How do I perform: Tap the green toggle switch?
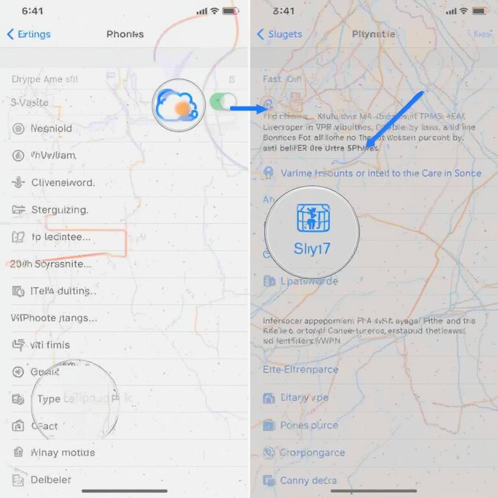pos(223,101)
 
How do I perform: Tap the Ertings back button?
pos(29,34)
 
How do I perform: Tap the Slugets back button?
pos(279,34)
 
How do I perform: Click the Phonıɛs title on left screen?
pos(125,34)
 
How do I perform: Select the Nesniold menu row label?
pos(51,128)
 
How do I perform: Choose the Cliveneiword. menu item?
pos(63,183)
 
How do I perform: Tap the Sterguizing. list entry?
pos(60,210)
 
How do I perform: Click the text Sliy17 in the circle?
pos(313,250)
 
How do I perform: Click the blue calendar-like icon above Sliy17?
pos(313,219)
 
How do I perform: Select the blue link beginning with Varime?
pos(380,173)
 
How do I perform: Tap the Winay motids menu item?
pos(62,453)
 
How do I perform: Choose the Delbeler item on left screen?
pos(51,480)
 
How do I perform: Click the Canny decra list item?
pos(308,480)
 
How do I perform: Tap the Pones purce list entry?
pos(309,425)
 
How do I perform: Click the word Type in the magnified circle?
pos(49,399)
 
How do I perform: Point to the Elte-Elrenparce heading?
pos(300,370)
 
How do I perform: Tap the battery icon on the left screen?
pos(230,12)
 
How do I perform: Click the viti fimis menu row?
pos(50,345)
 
